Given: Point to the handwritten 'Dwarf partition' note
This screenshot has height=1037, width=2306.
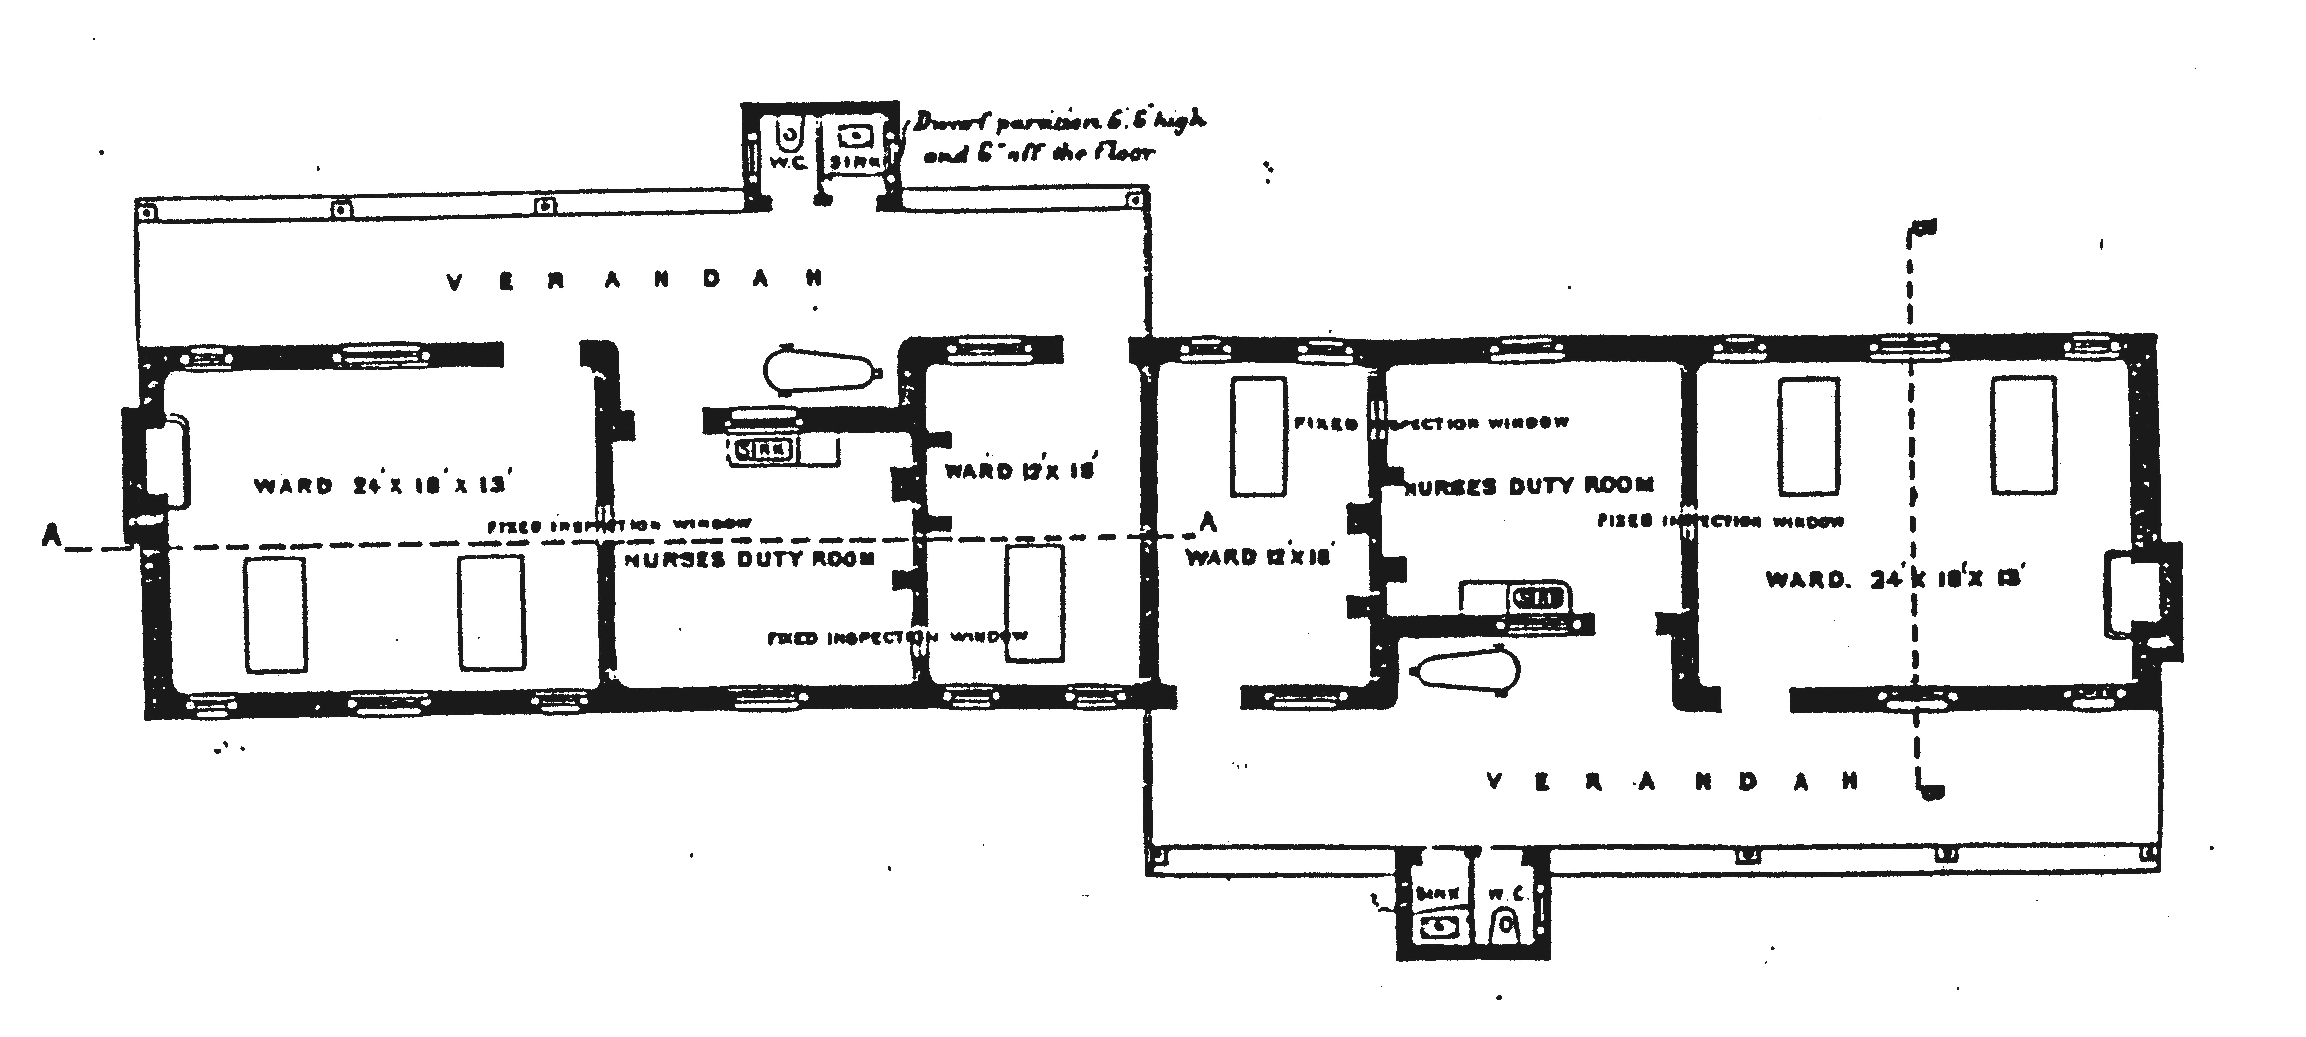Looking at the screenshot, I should (1056, 136).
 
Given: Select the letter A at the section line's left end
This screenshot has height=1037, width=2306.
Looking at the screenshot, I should (51, 535).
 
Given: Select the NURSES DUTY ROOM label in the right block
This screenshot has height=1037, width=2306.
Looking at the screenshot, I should (1526, 486).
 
